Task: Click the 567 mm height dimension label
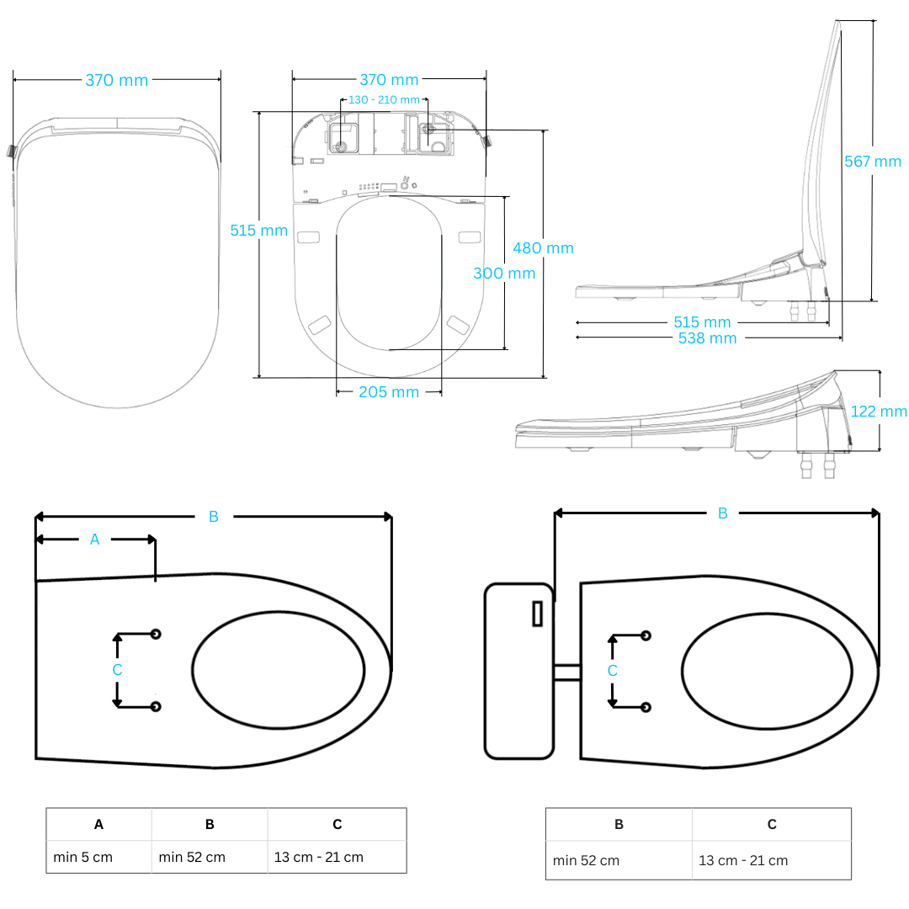[872, 162]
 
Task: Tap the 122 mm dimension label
[879, 412]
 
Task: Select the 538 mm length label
[707, 338]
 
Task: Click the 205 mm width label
[388, 392]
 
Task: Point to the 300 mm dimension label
[503, 274]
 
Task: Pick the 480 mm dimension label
[543, 248]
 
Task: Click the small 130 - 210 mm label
[384, 100]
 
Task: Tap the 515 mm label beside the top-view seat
[258, 231]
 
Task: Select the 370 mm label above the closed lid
[116, 81]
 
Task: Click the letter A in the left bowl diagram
[94, 540]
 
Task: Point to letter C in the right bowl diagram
[612, 671]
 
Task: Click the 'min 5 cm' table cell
[82, 857]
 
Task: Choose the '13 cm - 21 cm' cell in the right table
[743, 860]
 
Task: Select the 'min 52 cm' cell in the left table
[192, 857]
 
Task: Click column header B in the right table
[619, 824]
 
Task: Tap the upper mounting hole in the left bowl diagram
[156, 634]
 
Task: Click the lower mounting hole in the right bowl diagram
[646, 706]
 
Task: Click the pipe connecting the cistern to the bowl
[566, 672]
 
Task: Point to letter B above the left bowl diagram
[213, 517]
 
